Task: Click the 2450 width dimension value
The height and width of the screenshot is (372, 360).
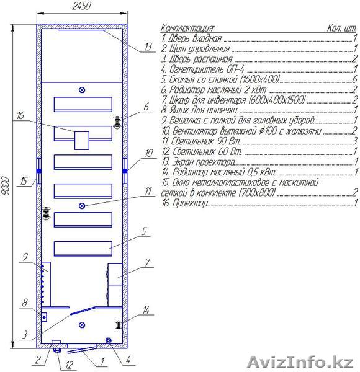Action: pyautogui.click(x=81, y=6)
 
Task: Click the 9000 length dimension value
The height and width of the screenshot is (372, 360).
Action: pyautogui.click(x=6, y=186)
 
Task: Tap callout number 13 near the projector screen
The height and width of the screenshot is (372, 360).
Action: pyautogui.click(x=148, y=46)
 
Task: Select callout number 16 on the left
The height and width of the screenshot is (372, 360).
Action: pyautogui.click(x=20, y=115)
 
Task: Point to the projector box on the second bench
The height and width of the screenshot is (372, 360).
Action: pyautogui.click(x=82, y=141)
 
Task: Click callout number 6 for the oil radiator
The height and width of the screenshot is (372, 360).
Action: pyautogui.click(x=146, y=107)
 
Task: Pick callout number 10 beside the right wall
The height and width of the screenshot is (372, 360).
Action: pyautogui.click(x=149, y=153)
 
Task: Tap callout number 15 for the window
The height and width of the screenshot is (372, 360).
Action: pyautogui.click(x=24, y=181)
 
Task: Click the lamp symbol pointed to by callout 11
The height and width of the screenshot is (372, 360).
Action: pyautogui.click(x=82, y=206)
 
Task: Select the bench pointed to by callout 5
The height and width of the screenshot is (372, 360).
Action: pyautogui.click(x=83, y=249)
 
